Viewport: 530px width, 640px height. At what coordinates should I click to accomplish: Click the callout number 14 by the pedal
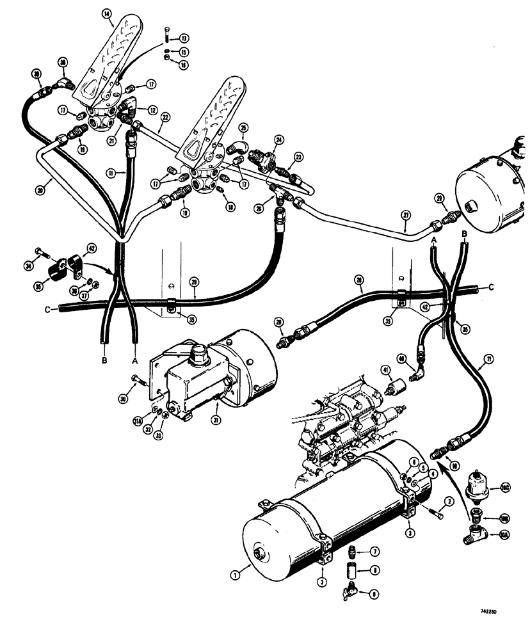coord(106,13)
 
